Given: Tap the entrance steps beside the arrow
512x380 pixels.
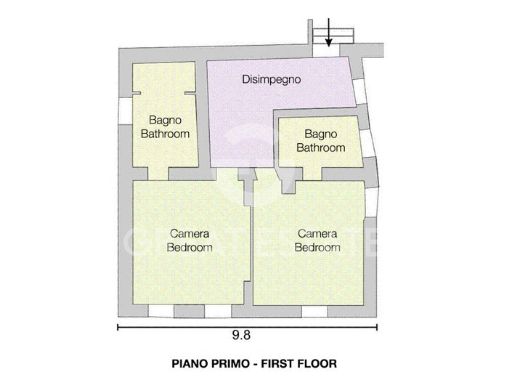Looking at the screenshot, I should [341, 33].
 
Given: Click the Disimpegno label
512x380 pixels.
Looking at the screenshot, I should [271, 79].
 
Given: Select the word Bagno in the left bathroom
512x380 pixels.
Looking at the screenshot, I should [165, 121].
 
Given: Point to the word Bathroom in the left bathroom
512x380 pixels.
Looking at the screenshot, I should [165, 134].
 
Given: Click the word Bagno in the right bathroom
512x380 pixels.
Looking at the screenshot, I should [320, 134].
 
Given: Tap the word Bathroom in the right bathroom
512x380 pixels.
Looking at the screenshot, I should [320, 147].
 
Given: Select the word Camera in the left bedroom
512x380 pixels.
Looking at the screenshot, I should [190, 234].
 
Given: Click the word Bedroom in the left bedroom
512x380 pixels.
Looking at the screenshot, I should [190, 247].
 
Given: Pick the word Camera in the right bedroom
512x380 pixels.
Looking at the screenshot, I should [317, 234].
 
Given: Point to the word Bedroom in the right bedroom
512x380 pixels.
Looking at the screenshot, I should [317, 247].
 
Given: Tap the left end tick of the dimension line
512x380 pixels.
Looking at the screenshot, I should [118, 326].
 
